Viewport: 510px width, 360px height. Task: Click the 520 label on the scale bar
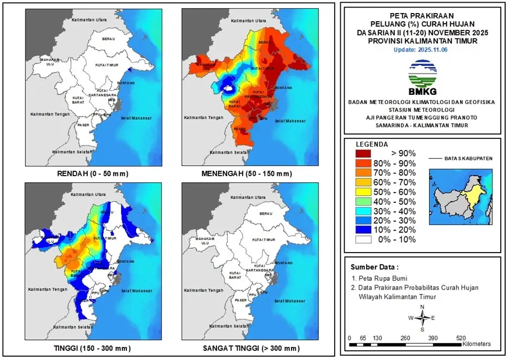coord(461,337)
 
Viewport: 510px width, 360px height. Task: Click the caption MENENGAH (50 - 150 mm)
coord(247,174)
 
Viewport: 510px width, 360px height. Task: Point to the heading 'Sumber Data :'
coord(374,267)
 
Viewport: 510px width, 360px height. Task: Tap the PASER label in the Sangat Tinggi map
coord(240,300)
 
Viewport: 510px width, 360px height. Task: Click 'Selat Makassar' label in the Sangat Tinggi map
coord(287,300)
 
